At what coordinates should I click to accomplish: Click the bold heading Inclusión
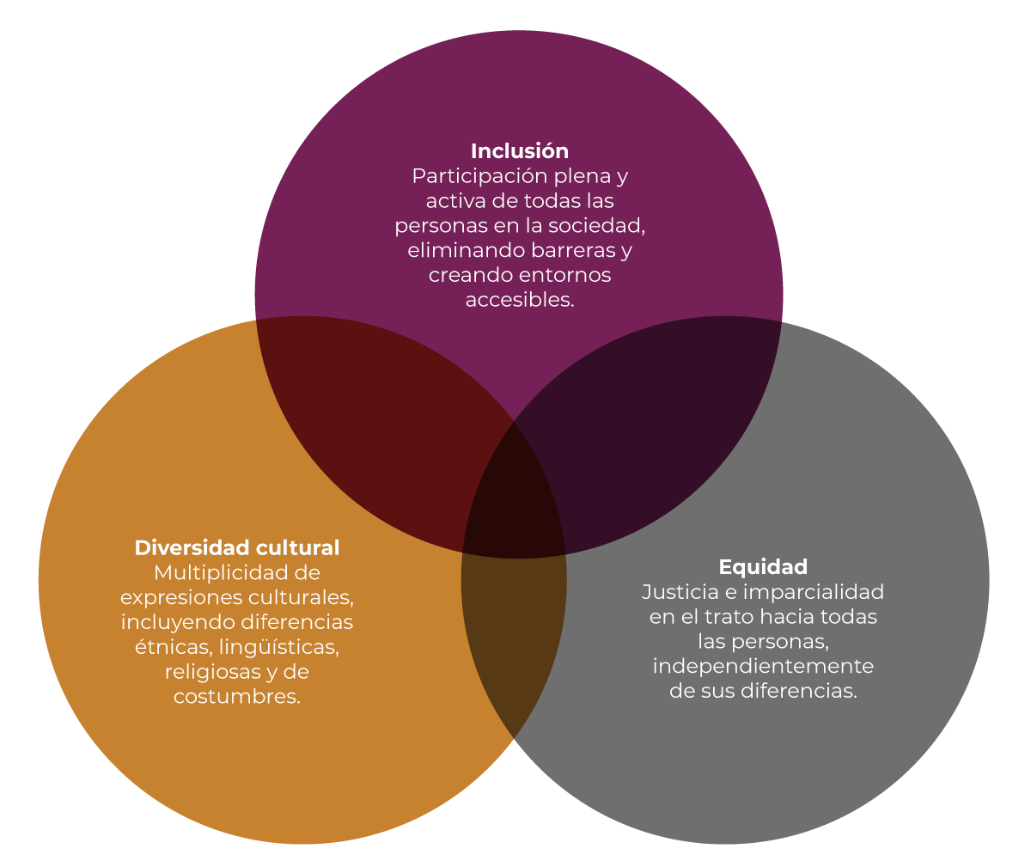(520, 151)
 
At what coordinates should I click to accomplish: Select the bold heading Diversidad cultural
(237, 547)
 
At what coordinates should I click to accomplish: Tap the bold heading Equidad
(763, 567)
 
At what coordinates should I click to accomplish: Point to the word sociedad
(596, 226)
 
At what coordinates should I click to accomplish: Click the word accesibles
(520, 300)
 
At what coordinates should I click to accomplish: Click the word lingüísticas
(279, 648)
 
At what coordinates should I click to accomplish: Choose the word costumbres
(237, 697)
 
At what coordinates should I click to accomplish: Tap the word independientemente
(763, 667)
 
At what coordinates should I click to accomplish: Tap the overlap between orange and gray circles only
(514, 637)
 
